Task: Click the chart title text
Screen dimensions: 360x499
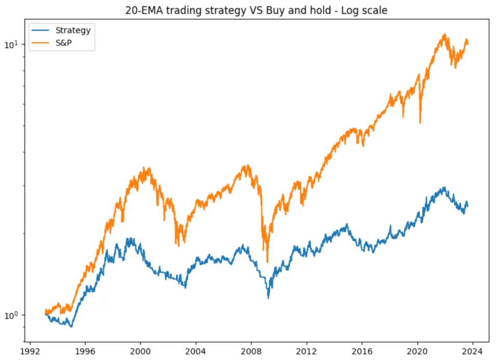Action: (x=256, y=10)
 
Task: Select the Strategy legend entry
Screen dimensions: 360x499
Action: (x=73, y=30)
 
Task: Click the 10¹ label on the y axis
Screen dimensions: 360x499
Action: (x=11, y=45)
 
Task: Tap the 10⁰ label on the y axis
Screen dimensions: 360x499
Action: (x=11, y=315)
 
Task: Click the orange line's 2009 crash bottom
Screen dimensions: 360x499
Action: (x=268, y=262)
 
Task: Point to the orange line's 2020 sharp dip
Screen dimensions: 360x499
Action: (x=420, y=123)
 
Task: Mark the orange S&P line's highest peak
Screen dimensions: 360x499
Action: (x=444, y=34)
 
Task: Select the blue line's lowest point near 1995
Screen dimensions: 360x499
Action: (x=71, y=327)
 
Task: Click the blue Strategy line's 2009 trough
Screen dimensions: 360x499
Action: (x=268, y=298)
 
